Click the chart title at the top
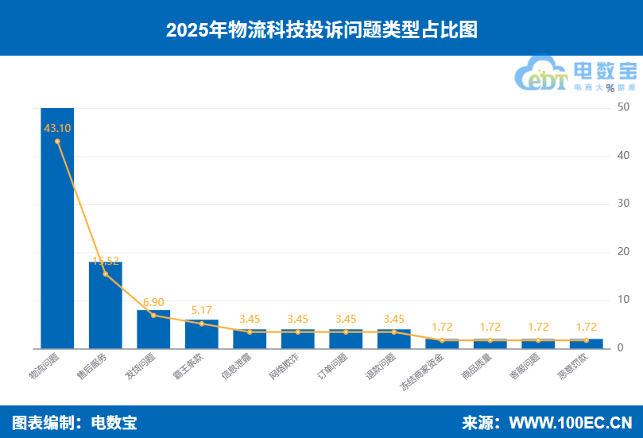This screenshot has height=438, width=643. [321, 29]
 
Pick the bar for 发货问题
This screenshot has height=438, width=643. [153, 329]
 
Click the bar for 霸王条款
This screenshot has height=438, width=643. [201, 335]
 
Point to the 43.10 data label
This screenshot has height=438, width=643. [57, 128]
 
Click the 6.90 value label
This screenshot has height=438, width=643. [153, 302]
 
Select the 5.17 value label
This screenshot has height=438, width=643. [201, 310]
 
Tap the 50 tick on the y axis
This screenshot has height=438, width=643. [623, 107]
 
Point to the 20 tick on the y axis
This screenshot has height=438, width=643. [623, 252]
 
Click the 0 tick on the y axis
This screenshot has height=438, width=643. [620, 348]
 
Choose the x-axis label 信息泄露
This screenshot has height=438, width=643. [237, 367]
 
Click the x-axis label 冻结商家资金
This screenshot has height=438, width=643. [421, 374]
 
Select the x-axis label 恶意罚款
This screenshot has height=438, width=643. [573, 367]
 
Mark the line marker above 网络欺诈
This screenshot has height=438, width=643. [297, 331]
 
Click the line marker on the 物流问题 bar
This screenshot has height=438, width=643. [57, 141]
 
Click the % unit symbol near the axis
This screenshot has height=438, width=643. [610, 88]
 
